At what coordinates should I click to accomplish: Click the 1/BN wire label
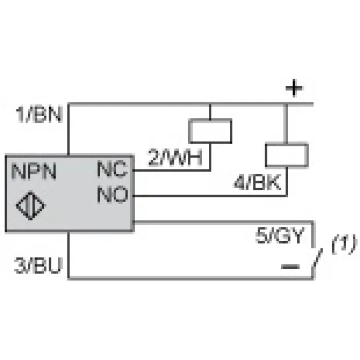pos(39,114)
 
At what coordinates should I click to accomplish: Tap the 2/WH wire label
pos(175,157)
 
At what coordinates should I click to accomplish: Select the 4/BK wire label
pos(257,182)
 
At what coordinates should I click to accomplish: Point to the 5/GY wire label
pos(280,236)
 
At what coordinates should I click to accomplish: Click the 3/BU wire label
pos(38,265)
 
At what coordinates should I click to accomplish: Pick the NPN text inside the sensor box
pos(34,171)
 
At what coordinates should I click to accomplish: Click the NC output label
pos(112,169)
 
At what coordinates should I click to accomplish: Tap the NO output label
pos(113,194)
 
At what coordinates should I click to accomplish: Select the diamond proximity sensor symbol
pos(31,206)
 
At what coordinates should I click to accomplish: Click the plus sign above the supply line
pos(294,88)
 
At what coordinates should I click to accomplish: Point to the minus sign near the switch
pos(290,266)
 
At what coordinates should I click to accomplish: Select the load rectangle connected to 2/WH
pos(210,131)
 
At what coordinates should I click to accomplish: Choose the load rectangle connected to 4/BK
pos(287,155)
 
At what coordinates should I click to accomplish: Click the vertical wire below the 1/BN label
pos(68,130)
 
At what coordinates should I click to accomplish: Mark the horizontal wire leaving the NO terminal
pos(210,196)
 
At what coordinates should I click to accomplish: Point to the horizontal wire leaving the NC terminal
pos(172,170)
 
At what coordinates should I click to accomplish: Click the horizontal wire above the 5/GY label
pos(223,222)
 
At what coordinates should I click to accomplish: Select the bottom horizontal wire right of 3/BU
pos(191,278)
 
